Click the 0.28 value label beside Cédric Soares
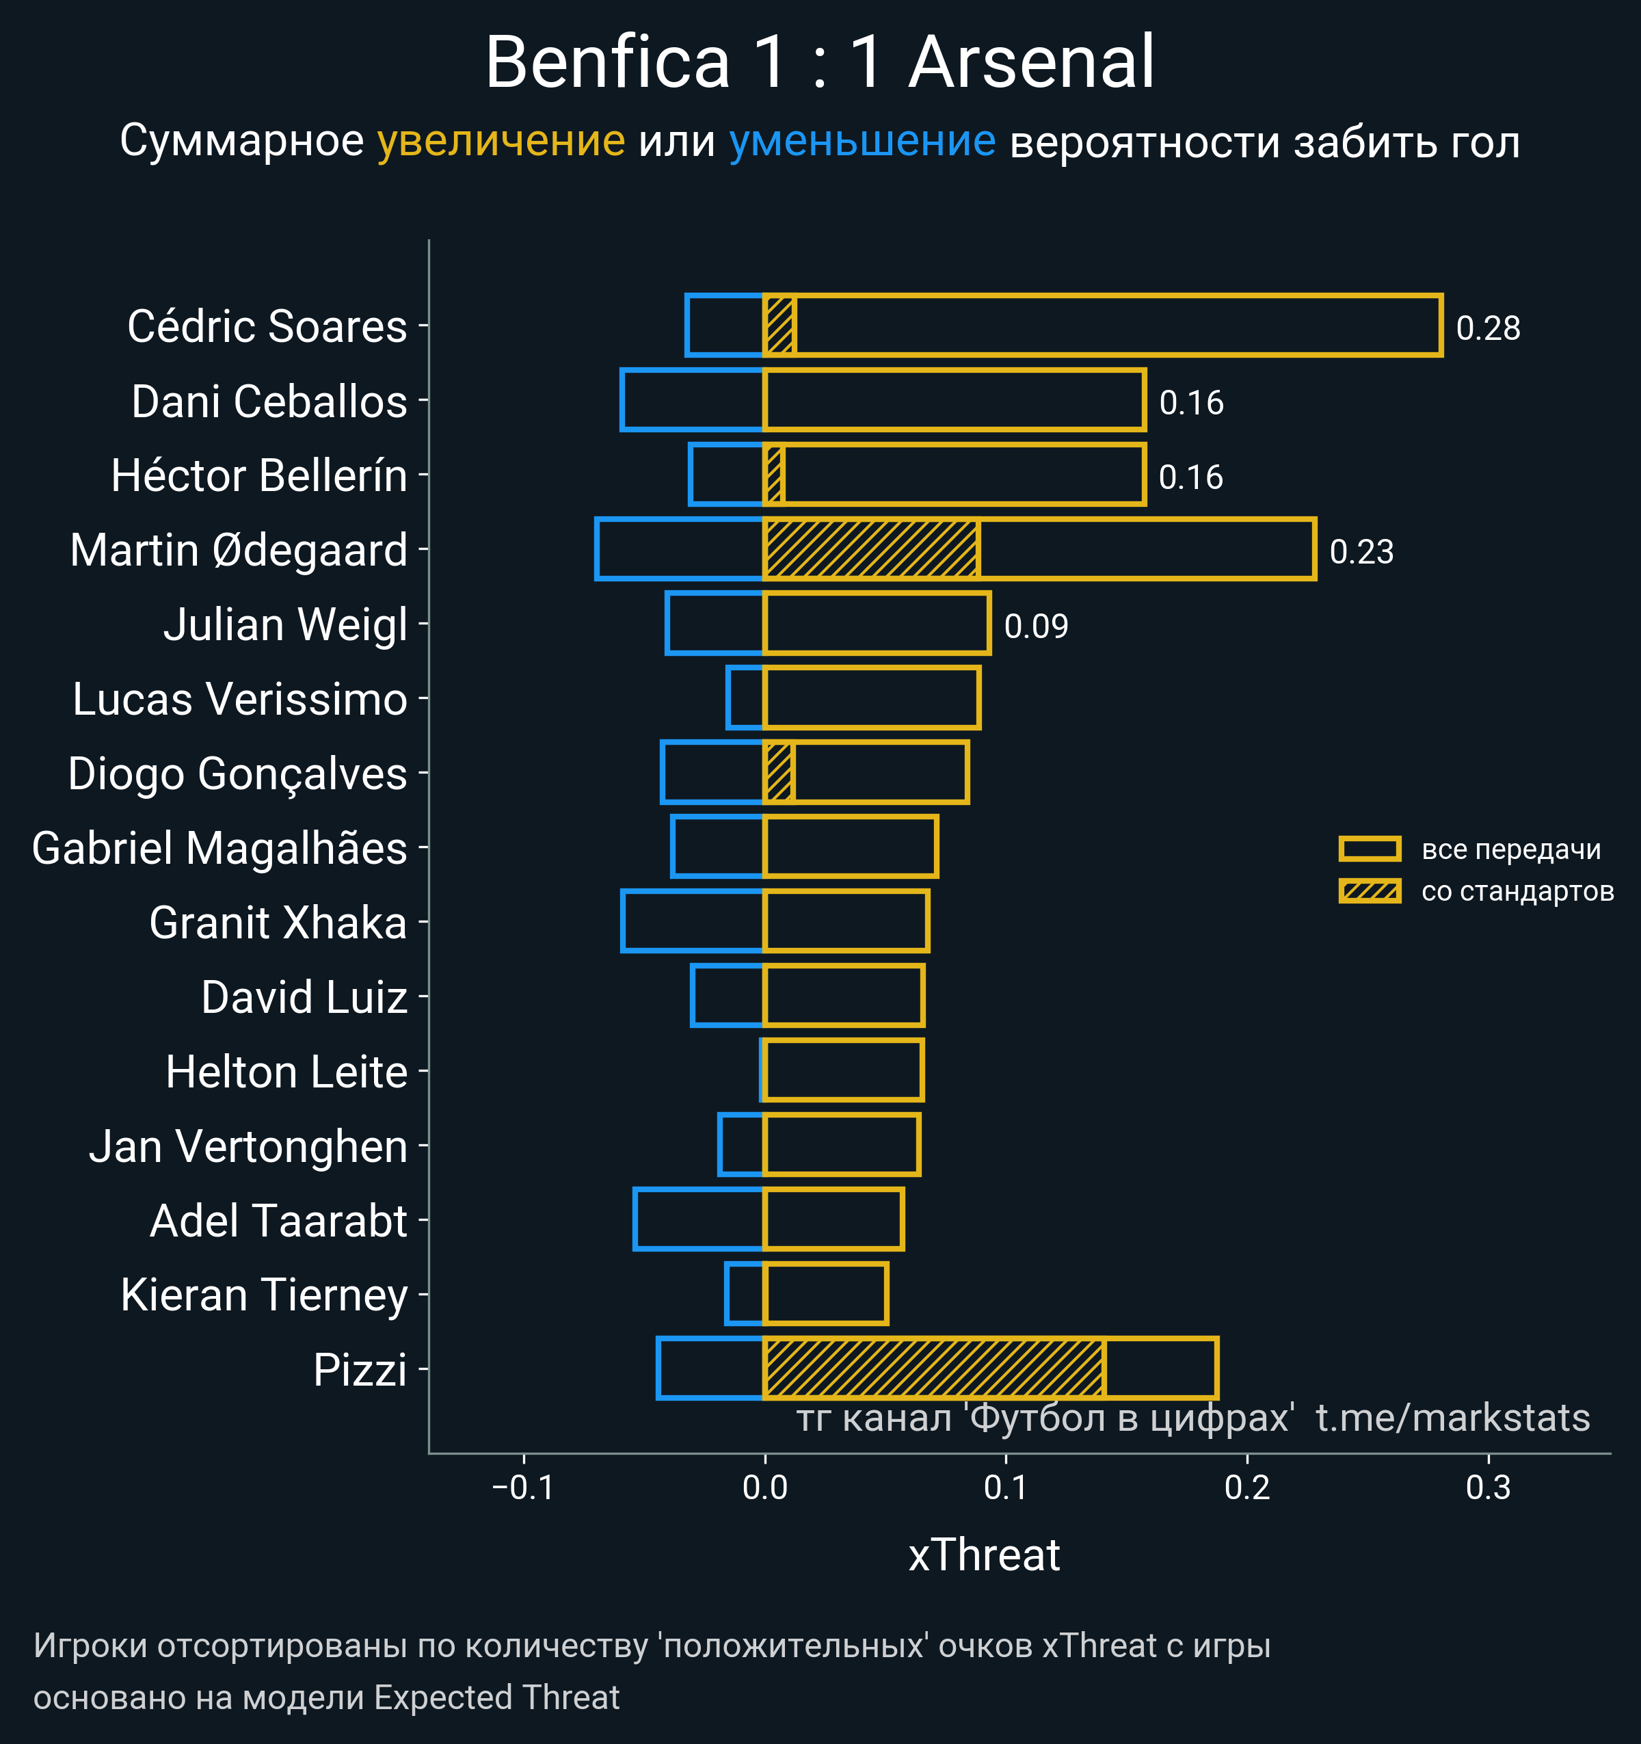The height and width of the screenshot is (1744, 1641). (1488, 328)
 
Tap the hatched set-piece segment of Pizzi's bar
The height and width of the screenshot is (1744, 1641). (933, 1369)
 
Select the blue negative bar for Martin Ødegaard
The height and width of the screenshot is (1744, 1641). (679, 549)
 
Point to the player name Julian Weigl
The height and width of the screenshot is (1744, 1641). (285, 624)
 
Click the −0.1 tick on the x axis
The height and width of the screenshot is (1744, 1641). (524, 1488)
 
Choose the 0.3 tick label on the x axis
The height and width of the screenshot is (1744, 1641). (1489, 1488)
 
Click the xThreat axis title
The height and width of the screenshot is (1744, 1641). (983, 1555)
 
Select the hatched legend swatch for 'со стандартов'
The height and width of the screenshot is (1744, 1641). (1369, 891)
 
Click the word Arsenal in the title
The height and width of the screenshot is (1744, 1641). (1031, 62)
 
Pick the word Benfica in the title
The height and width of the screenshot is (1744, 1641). (607, 62)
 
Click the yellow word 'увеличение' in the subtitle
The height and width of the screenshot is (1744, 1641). (501, 142)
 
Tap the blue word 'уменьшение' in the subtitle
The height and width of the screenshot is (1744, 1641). (862, 142)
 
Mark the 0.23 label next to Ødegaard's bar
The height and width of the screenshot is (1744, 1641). (1361, 552)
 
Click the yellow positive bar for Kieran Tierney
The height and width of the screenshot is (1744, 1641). (825, 1294)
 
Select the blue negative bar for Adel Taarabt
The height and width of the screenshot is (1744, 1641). (699, 1219)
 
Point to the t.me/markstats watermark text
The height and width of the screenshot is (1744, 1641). (1452, 1418)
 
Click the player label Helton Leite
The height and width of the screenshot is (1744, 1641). (286, 1072)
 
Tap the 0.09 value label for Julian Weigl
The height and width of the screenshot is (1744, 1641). (1036, 626)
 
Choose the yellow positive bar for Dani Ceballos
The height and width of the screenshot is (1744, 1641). (955, 400)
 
